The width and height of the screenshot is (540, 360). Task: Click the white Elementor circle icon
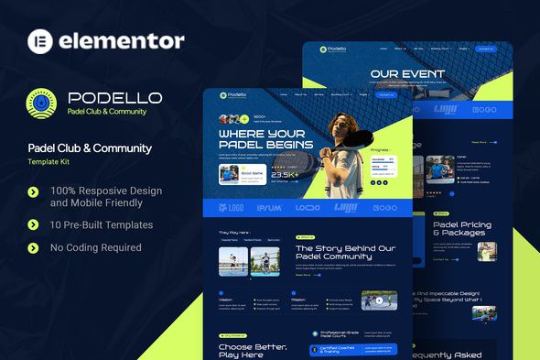click(38, 40)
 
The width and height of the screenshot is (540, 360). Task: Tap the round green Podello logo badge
click(38, 103)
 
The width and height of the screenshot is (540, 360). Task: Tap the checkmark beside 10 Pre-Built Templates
click(34, 224)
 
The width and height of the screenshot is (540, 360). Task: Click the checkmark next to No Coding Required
click(34, 247)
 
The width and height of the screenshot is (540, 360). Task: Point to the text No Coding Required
click(97, 247)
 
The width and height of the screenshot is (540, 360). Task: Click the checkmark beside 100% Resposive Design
click(34, 191)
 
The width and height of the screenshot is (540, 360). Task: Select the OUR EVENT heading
click(407, 74)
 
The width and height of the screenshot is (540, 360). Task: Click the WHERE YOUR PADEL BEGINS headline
click(265, 138)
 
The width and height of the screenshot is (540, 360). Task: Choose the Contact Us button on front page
click(385, 94)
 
